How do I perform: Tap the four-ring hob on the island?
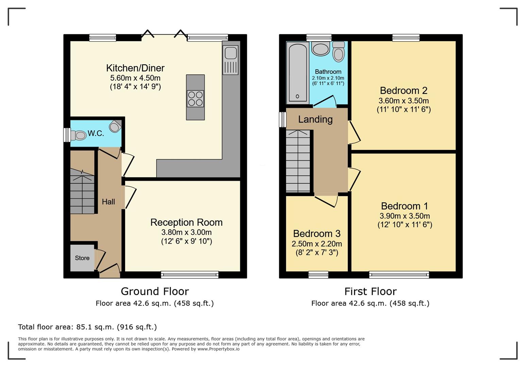tap(195, 99)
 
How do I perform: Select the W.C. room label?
tap(96, 134)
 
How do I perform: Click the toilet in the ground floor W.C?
tap(79, 135)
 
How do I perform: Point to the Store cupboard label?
tap(82, 258)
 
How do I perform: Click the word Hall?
tap(108, 202)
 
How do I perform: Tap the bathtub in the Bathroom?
tap(298, 73)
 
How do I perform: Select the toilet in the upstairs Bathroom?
tap(339, 52)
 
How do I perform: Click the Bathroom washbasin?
tap(320, 49)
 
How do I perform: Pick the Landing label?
tap(315, 119)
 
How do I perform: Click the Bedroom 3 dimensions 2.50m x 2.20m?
tap(317, 244)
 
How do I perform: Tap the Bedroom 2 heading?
tap(404, 90)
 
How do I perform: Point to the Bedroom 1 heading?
tap(405, 206)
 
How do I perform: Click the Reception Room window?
tap(190, 275)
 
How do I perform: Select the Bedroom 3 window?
tap(318, 275)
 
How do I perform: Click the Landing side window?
tap(283, 120)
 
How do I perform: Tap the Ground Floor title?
tap(155, 292)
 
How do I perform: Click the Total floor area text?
tap(87, 327)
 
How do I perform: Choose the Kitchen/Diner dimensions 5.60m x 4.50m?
tap(135, 78)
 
